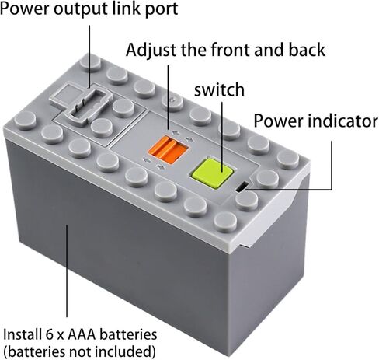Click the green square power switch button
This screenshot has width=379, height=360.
pyautogui.click(x=213, y=173)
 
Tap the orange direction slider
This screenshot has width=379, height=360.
pyautogui.click(x=169, y=150)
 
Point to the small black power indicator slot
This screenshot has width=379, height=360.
pyautogui.click(x=242, y=187)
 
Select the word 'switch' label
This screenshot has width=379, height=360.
pyautogui.click(x=219, y=89)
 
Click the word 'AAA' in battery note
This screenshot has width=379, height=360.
pyautogui.click(x=82, y=334)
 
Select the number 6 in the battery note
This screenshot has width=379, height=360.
pyautogui.click(x=46, y=334)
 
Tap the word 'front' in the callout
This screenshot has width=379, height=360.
pyautogui.click(x=231, y=50)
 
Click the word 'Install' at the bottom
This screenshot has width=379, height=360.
pyautogui.click(x=22, y=334)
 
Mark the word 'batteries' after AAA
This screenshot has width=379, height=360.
pyautogui.click(x=128, y=334)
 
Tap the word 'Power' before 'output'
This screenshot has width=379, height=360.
pyautogui.click(x=25, y=9)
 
